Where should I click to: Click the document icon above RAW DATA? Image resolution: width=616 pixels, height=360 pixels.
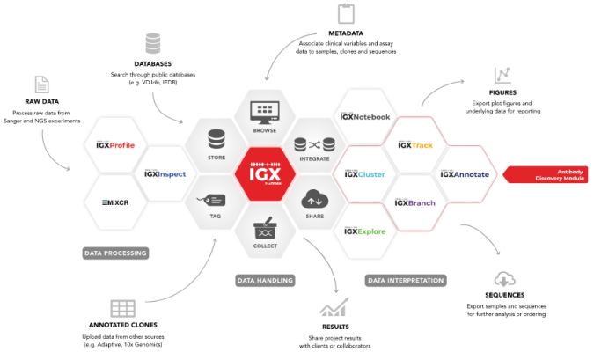pos(41,85)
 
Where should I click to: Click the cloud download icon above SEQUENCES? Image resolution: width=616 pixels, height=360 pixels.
pos(505,280)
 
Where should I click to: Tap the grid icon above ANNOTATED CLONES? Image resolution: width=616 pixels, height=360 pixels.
pos(121,309)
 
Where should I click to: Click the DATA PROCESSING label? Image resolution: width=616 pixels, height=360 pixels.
pos(115,253)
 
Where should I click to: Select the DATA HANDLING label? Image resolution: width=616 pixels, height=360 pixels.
pos(265,281)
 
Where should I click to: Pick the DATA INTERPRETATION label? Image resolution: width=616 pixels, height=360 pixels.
pos(405,281)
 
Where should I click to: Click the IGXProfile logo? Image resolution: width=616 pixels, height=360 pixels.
pos(115,144)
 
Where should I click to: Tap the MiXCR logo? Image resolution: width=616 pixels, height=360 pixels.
pos(116,202)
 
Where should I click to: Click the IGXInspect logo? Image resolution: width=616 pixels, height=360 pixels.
pos(165,173)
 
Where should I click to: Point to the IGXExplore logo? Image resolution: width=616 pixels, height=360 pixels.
pos(364,232)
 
